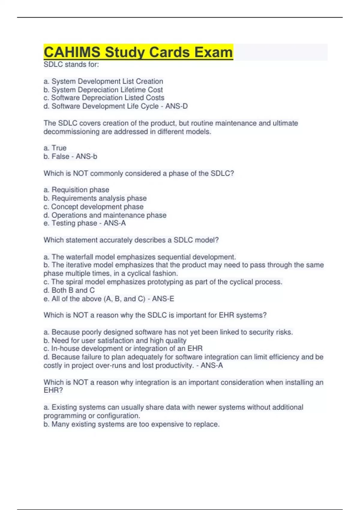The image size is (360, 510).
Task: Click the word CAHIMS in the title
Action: tap(72, 52)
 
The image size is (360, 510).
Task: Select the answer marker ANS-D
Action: tap(176, 106)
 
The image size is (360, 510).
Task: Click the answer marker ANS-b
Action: tap(86, 156)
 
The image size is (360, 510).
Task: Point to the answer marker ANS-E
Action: tap(163, 299)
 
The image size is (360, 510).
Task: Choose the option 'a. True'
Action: tap(55, 148)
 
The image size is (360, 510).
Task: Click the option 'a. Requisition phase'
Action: tap(76, 190)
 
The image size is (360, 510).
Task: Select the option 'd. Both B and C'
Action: tap(69, 290)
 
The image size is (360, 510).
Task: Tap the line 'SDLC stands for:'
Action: tap(71, 64)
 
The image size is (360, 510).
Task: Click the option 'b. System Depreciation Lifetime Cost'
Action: tap(103, 90)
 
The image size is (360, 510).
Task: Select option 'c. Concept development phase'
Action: tap(94, 207)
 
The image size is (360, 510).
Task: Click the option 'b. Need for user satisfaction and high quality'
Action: tap(115, 340)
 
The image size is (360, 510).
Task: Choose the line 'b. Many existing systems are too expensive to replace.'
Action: tap(131, 424)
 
